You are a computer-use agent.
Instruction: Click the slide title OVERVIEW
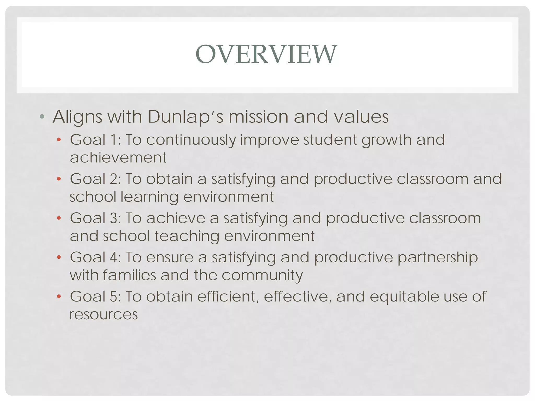(x=266, y=54)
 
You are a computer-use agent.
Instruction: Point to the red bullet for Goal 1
(x=59, y=140)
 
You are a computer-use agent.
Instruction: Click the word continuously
(x=191, y=140)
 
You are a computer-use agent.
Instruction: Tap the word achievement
(x=118, y=157)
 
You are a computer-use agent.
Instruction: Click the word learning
(x=150, y=197)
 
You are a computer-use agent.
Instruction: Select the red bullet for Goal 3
(x=59, y=218)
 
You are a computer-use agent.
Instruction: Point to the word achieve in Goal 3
(x=176, y=218)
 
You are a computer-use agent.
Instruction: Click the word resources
(x=103, y=314)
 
